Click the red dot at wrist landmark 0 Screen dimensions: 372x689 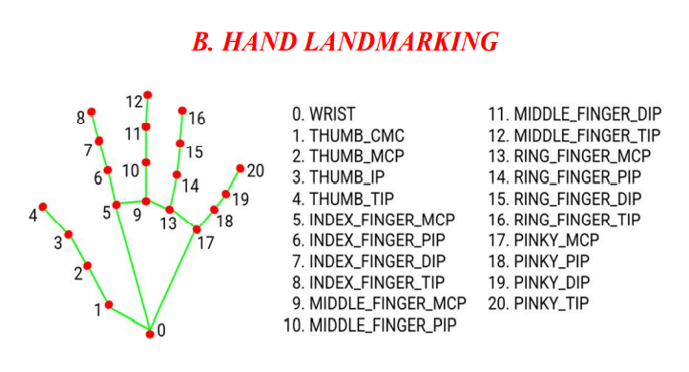pos(150,332)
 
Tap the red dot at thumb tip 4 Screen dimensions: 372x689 pos(43,205)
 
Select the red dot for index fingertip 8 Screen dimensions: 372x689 pos(92,112)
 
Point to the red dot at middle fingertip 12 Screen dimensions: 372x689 pos(147,95)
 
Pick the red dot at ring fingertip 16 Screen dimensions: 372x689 pos(181,112)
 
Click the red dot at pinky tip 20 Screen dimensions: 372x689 pos(240,168)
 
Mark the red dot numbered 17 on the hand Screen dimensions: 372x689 pos(197,229)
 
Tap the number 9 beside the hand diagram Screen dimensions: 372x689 pos(137,215)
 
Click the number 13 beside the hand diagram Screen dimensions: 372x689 pos(168,224)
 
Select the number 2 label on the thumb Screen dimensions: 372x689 pos(78,275)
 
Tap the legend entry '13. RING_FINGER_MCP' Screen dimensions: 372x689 pos(570,156)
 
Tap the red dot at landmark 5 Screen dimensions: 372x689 pos(115,204)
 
